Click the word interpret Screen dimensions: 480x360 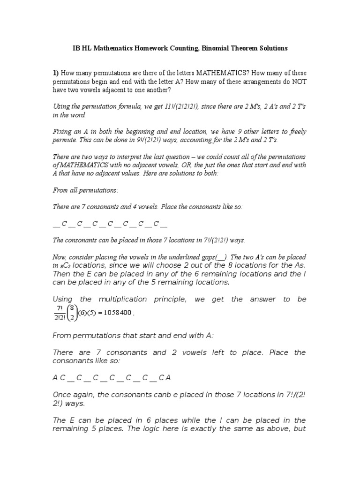[x=120, y=157]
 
